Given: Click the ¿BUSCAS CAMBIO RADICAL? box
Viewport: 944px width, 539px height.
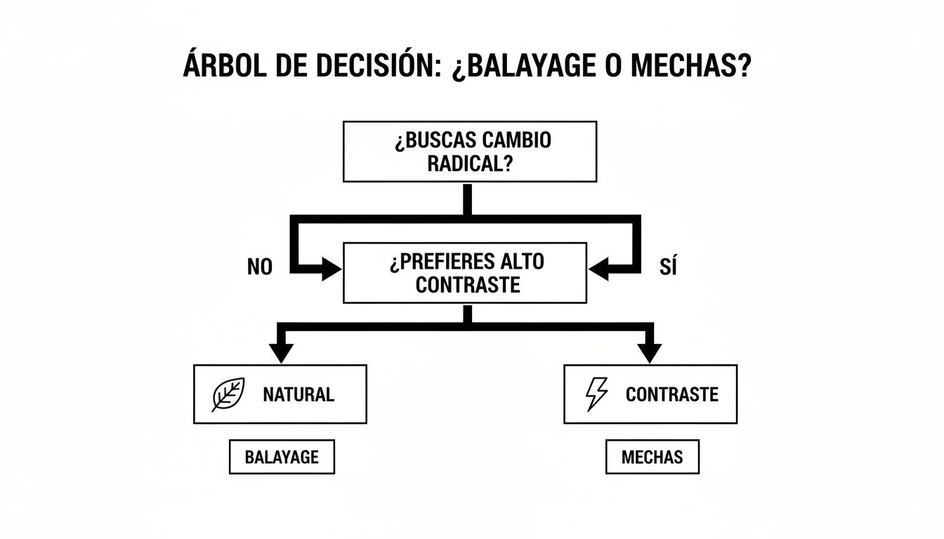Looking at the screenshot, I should pyautogui.click(x=469, y=152).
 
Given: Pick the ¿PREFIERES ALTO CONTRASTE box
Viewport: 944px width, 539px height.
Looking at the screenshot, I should pyautogui.click(x=464, y=273).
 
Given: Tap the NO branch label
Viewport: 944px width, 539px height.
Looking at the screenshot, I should pyautogui.click(x=260, y=267).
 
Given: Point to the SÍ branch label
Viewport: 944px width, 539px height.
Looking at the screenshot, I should pyautogui.click(x=668, y=267).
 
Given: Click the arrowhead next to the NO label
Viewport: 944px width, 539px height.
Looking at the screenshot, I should pyautogui.click(x=331, y=268).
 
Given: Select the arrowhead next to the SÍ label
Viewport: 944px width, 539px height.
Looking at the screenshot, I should pyautogui.click(x=599, y=268).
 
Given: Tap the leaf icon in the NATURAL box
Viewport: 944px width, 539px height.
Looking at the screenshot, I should pyautogui.click(x=228, y=394).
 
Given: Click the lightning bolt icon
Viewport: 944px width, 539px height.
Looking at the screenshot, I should pyautogui.click(x=596, y=394).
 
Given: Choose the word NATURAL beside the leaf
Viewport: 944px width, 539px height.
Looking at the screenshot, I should pyautogui.click(x=299, y=394).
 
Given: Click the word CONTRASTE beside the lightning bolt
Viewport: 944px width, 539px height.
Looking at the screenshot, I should pyautogui.click(x=671, y=394).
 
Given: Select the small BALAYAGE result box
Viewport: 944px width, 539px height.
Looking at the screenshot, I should pyautogui.click(x=282, y=458).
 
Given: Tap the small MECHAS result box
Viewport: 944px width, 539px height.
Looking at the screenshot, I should pyautogui.click(x=652, y=458).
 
